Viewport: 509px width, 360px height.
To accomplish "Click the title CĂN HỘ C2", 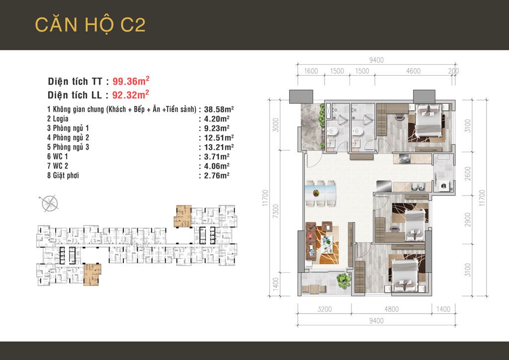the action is point(90,25).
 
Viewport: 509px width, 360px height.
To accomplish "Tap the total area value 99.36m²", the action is point(131,81).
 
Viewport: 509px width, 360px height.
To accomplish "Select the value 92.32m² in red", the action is point(131,94).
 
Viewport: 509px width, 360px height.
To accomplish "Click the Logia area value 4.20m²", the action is point(217,119).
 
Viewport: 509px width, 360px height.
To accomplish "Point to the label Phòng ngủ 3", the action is point(68,147).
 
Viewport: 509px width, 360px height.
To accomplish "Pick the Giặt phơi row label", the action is point(63,176).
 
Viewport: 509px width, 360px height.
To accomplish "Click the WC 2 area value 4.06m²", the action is point(217,166).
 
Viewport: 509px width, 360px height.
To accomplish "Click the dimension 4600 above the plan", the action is point(413,71).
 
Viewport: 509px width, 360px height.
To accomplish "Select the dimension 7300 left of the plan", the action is point(275,211).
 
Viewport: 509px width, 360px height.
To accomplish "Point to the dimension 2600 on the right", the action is point(467,174).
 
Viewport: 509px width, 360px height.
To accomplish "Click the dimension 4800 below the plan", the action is point(392,309).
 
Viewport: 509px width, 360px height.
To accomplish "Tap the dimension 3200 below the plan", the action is point(325,309).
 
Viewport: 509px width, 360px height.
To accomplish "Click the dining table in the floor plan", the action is point(321,193).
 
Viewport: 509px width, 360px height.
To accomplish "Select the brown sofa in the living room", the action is point(311,241).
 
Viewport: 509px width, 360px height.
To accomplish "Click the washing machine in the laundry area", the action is point(443,186).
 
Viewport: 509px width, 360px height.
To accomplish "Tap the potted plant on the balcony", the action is point(343,280).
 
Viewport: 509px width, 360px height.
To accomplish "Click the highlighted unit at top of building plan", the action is point(183,216).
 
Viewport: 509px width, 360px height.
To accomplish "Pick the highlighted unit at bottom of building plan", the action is point(92,274).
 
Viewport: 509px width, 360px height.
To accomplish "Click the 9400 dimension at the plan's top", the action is point(376,60).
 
